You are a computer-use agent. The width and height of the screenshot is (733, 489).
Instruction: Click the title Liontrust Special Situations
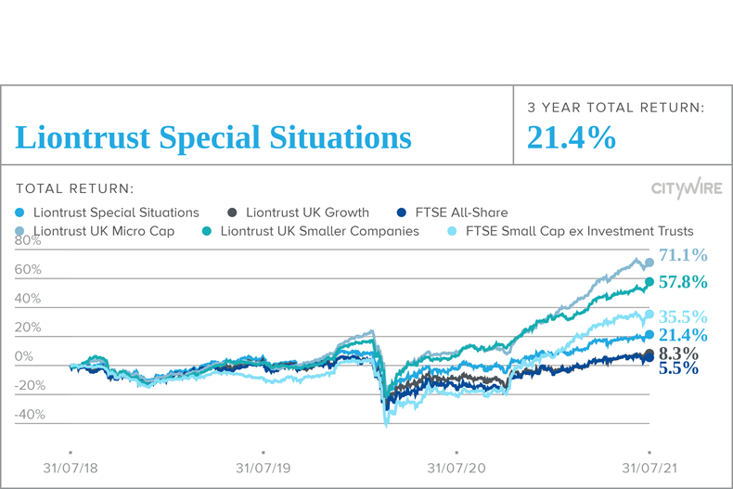[x=213, y=138]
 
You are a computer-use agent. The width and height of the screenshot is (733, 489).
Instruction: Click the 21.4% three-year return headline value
[x=571, y=137]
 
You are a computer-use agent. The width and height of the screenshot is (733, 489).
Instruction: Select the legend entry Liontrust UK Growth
[x=298, y=212]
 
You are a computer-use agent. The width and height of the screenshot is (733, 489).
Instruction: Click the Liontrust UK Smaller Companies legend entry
[x=311, y=230]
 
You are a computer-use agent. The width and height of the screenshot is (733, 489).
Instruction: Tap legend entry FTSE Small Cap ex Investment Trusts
[x=571, y=230]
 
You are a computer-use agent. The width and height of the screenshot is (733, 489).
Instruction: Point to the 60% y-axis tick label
[x=29, y=270]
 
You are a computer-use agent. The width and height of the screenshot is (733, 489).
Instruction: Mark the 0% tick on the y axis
[x=25, y=357]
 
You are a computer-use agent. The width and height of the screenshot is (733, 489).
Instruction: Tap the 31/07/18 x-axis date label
[x=70, y=469]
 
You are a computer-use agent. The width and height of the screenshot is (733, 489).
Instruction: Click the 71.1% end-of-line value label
[x=683, y=255]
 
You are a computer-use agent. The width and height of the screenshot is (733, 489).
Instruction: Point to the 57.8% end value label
[x=683, y=281]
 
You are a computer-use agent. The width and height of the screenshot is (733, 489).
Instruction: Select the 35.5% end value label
[x=683, y=316]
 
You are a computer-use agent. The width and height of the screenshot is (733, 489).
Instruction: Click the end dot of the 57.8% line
[x=649, y=282]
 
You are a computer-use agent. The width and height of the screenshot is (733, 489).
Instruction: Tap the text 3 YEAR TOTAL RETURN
[x=615, y=108]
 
